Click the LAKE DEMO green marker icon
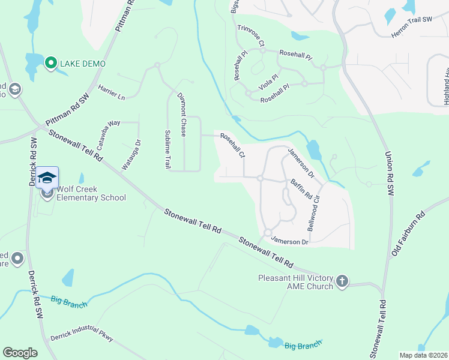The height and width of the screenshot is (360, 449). click(x=51, y=62)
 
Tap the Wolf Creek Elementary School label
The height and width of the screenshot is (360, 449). click(x=91, y=193)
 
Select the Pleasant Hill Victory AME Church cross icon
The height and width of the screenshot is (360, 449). click(x=342, y=282)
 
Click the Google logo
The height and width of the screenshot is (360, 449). click(x=20, y=353)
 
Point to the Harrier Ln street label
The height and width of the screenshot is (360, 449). click(x=112, y=92)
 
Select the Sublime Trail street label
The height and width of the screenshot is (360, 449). click(x=167, y=149)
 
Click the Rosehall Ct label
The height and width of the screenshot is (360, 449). click(x=232, y=146)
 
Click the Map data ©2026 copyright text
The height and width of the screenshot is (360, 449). click(x=424, y=355)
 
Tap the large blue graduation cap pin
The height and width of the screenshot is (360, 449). click(x=47, y=177)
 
